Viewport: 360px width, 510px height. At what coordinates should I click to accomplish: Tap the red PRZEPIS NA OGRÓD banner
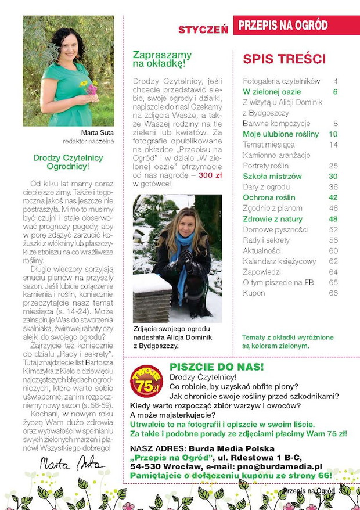pos(296,25)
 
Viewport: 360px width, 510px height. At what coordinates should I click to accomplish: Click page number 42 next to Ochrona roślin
pos(333,197)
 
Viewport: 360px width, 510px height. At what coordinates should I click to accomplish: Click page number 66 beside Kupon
pos(333,293)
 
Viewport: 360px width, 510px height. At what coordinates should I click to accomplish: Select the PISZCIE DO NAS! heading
pos(216,367)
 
